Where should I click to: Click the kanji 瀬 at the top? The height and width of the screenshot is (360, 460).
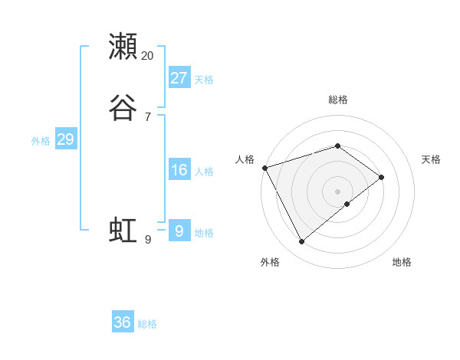click(123, 46)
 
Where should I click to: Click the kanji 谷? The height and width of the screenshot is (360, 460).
click(123, 108)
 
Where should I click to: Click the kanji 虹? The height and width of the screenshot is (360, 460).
click(123, 230)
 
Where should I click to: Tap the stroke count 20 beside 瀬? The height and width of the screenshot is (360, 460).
click(148, 56)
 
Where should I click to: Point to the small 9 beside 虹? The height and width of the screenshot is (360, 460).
click(148, 240)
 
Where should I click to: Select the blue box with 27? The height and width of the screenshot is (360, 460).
click(179, 78)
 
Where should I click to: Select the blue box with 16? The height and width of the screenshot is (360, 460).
click(179, 170)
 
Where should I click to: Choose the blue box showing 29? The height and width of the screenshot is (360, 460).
click(65, 139)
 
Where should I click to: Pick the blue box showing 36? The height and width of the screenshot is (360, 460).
click(123, 322)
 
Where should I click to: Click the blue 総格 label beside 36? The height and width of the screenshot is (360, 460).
click(147, 324)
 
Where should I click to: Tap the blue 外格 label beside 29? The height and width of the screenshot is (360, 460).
click(41, 141)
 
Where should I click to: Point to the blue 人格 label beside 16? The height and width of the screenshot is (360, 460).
click(205, 172)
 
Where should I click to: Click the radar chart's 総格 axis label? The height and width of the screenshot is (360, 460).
click(338, 100)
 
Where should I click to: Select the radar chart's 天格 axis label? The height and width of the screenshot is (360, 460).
click(432, 159)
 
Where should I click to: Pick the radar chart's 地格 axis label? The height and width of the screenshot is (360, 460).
click(402, 262)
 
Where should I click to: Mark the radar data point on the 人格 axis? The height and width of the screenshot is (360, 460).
click(264, 167)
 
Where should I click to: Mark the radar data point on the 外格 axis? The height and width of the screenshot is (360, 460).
click(301, 242)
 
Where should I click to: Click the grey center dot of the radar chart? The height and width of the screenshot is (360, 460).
click(338, 191)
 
